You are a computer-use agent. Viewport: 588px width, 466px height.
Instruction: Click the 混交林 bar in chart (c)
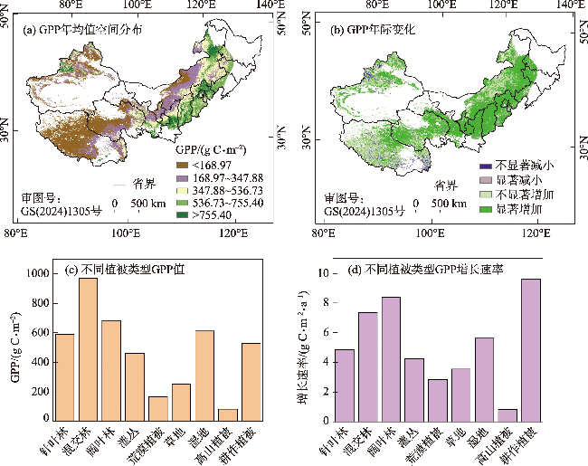coord(88,348)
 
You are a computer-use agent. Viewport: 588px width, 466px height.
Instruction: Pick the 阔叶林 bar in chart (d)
coord(391,357)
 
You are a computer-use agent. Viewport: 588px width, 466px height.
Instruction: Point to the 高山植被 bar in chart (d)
coord(507,414)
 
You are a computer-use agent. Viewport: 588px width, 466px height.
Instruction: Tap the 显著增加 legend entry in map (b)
coord(518,209)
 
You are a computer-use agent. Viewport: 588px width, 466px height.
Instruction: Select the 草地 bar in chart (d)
coord(460,393)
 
